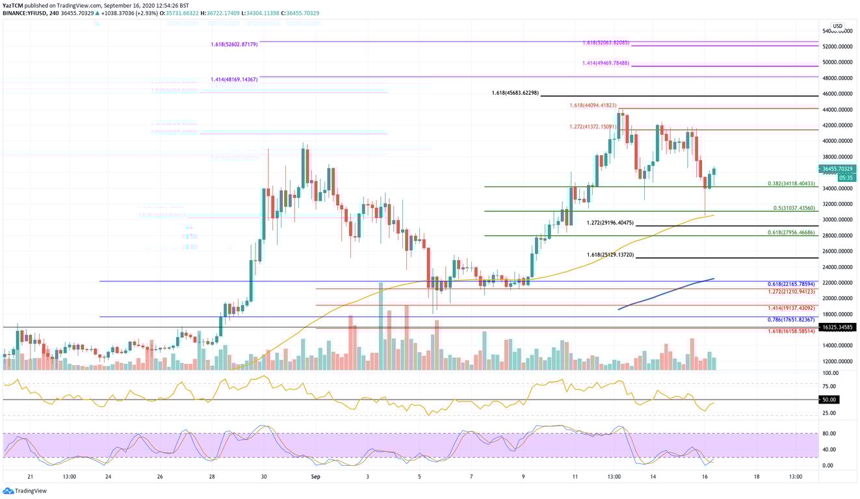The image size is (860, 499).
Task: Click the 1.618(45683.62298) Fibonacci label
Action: (515, 94)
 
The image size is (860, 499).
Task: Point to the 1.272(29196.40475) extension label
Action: (610, 223)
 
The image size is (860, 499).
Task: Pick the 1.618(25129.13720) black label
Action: (610, 255)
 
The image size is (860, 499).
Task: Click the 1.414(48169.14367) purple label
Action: (234, 79)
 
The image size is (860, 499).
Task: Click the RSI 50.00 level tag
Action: (829, 400)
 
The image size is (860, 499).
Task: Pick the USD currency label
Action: (837, 26)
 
